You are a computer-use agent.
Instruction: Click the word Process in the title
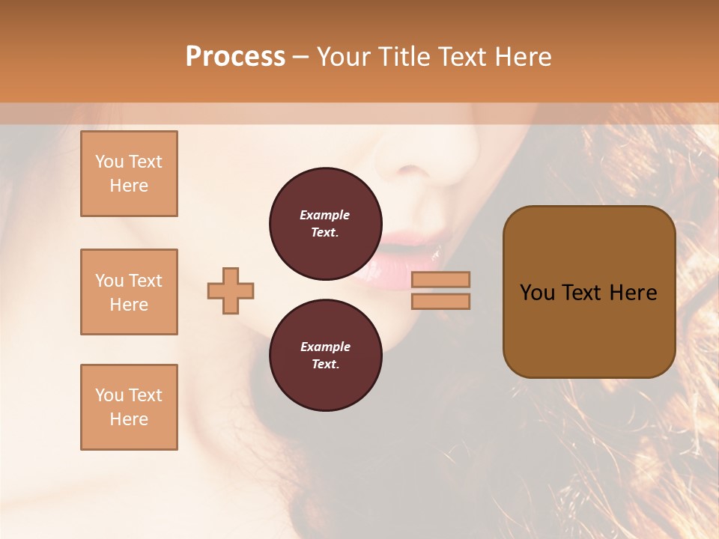[235, 57]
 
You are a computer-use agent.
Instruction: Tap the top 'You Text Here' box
[129, 174]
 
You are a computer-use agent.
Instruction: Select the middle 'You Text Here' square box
[129, 292]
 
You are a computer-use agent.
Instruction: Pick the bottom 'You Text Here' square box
[129, 407]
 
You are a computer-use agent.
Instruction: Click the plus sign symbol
[231, 290]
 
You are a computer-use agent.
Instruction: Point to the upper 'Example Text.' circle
[325, 224]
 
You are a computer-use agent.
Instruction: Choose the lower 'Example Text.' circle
[325, 356]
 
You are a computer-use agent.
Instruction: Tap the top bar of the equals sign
[441, 280]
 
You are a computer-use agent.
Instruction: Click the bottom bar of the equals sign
[441, 301]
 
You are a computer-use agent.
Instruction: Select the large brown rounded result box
[589, 292]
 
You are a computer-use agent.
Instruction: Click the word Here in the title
[524, 57]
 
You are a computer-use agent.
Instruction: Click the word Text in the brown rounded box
[581, 293]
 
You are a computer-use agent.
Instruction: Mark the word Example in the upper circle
[325, 215]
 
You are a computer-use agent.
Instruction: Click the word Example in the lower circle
[325, 347]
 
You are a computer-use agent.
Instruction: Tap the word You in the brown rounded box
[538, 293]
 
